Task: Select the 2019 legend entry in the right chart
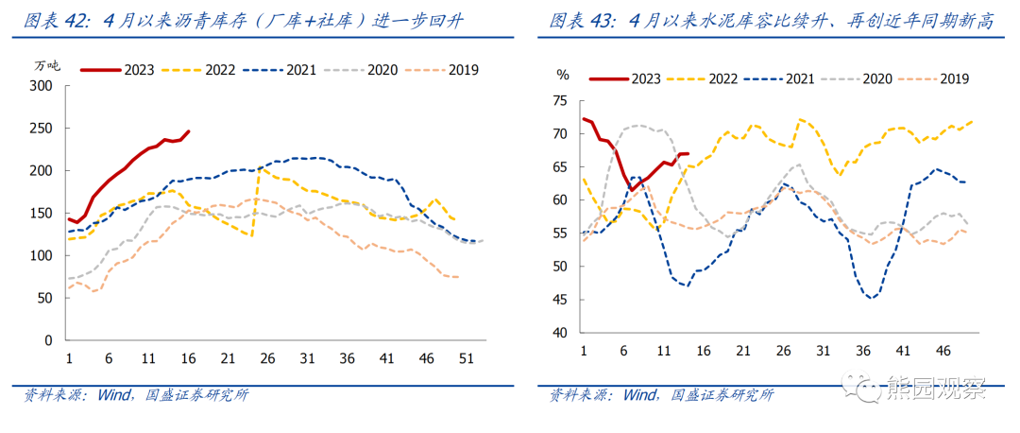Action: pyautogui.click(x=954, y=79)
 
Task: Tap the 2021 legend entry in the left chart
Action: pyautogui.click(x=301, y=69)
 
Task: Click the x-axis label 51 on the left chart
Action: pyautogui.click(x=467, y=358)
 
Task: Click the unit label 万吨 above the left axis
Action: pyautogui.click(x=46, y=65)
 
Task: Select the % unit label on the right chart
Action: pyautogui.click(x=563, y=74)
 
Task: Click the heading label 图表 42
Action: pyautogui.click(x=58, y=21)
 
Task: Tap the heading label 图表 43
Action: pyautogui.click(x=582, y=21)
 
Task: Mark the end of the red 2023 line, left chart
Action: pyautogui.click(x=189, y=131)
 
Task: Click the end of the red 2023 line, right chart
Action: pyautogui.click(x=688, y=153)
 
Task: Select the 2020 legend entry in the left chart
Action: pyautogui.click(x=382, y=69)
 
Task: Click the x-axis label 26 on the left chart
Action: pyautogui.click(x=268, y=358)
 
